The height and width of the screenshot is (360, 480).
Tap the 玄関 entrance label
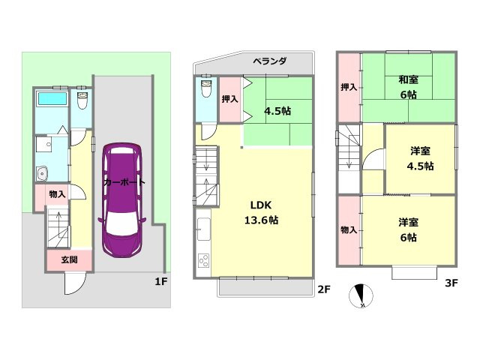[69, 260]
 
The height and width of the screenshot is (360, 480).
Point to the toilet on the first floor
[83, 98]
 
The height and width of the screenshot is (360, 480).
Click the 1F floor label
[160, 281]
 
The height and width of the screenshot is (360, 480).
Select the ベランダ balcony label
[268, 61]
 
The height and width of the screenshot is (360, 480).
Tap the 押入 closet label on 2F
[230, 98]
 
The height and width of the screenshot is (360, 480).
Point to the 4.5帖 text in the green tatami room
[277, 111]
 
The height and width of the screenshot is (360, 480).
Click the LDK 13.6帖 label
[259, 212]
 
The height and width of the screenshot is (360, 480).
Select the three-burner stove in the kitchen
[204, 262]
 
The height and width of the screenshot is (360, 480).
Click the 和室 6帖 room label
[409, 87]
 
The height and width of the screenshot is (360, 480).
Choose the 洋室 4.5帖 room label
[421, 158]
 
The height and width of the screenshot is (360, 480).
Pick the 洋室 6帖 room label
[408, 229]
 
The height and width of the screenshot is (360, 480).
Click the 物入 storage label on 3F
[348, 229]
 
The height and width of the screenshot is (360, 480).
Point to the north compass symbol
[361, 295]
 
